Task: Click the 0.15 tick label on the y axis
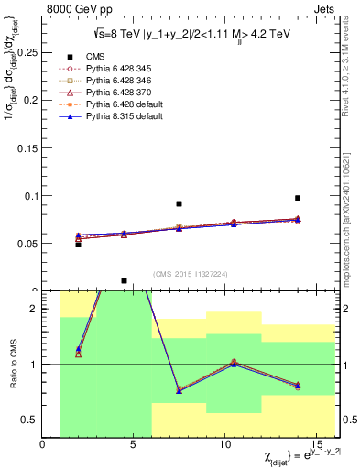[x=27, y=148]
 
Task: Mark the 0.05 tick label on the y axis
[x=27, y=244]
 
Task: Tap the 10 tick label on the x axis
[x=225, y=443]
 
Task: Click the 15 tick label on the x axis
[x=317, y=443]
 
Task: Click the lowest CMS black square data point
[x=124, y=281]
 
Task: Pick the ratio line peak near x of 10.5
[x=234, y=363]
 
